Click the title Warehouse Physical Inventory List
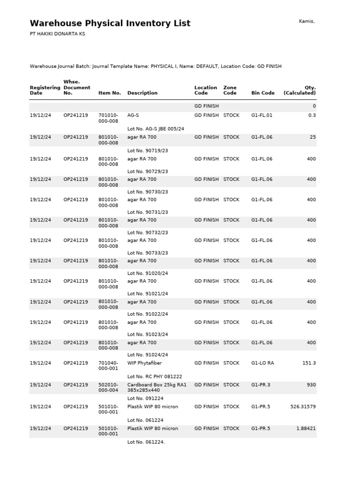[x=110, y=23]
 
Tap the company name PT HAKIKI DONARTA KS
[x=57, y=34]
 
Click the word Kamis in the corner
[x=307, y=21]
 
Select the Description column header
[x=142, y=93]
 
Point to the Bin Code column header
[x=263, y=93]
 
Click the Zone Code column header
[x=230, y=90]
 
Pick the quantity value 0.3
[x=312, y=115]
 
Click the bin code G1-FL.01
[x=262, y=115]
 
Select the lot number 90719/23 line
[x=148, y=151]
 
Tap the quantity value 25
[x=313, y=137]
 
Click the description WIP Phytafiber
[x=144, y=363]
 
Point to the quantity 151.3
[x=309, y=363]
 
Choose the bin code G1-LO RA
[x=262, y=363]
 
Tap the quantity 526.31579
[x=303, y=407]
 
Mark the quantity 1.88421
[x=306, y=428]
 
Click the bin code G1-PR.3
[x=261, y=385]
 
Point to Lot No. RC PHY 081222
[x=155, y=376]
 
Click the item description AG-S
[x=133, y=115]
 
